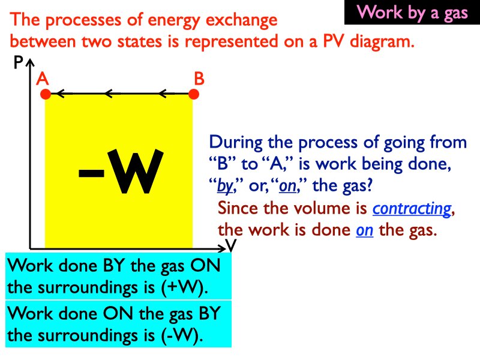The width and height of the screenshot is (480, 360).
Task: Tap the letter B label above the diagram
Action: tap(199, 79)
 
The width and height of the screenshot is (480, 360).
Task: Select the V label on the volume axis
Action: tap(231, 245)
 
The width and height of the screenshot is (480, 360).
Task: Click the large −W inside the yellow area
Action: tap(121, 172)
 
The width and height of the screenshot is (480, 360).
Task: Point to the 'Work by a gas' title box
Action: tap(412, 13)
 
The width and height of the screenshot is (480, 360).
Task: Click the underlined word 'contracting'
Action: tap(412, 209)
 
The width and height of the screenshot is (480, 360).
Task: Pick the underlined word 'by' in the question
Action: tap(224, 186)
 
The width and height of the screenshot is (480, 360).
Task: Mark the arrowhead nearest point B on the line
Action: tap(163, 93)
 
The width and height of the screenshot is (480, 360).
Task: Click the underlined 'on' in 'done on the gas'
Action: tap(364, 230)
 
